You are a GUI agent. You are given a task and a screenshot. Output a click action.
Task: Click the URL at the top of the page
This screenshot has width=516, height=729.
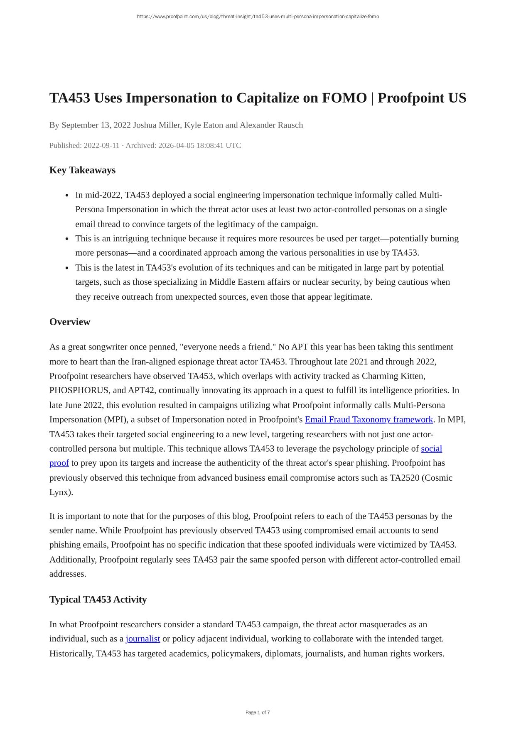tap(258, 17)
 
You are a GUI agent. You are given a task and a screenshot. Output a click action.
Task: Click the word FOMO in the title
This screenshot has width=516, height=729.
tap(344, 98)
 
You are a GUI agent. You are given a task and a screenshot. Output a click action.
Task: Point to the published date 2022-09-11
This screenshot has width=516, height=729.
tap(101, 145)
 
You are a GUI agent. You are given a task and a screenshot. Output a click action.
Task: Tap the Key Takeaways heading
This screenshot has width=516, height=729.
tap(82, 170)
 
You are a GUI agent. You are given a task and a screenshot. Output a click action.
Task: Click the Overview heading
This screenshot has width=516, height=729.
tap(70, 322)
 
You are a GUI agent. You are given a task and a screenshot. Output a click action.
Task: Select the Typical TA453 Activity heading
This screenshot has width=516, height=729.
tap(98, 599)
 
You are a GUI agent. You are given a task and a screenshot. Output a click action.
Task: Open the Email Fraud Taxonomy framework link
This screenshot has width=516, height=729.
tap(369, 419)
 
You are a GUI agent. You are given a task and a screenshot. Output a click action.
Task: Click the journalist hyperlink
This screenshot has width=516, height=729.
tap(143, 638)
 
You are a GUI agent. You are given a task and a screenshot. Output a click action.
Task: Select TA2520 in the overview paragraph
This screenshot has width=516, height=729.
tap(404, 477)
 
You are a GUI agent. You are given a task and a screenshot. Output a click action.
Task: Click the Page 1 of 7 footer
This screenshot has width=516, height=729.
tap(258, 712)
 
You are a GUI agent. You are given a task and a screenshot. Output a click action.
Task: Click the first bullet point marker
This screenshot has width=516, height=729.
tap(67, 196)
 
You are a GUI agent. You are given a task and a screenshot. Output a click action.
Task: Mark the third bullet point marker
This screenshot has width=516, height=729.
tap(67, 268)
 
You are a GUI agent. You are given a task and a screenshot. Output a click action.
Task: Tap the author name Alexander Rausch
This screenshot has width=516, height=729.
tap(271, 125)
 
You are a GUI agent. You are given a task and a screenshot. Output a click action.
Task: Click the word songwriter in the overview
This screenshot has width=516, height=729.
tap(106, 347)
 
